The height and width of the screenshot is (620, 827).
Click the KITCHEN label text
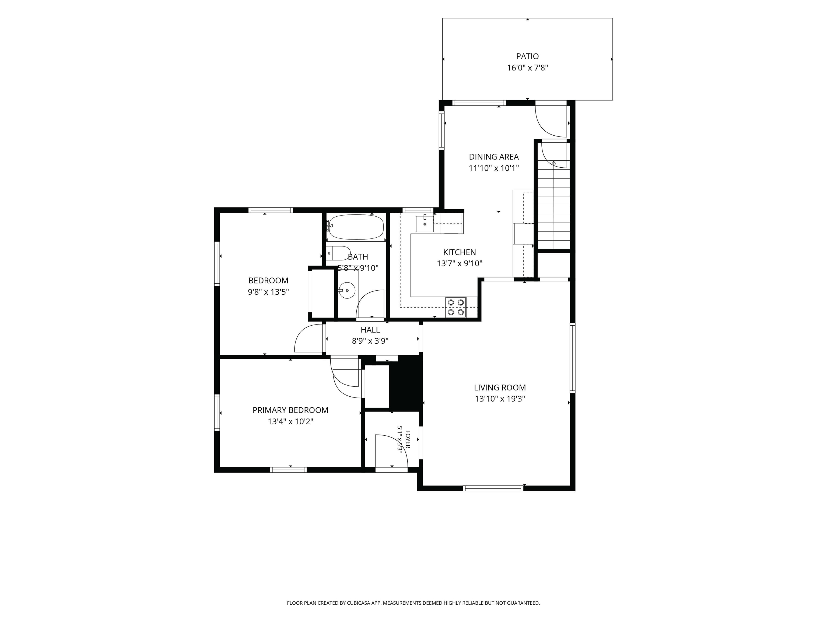click(460, 252)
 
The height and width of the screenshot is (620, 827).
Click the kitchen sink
click(425, 224)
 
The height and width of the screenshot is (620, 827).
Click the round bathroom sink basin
click(347, 290)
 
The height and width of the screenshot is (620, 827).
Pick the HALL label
click(370, 330)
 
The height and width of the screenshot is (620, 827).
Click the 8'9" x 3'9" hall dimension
click(370, 341)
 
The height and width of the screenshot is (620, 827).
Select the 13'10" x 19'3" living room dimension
click(500, 399)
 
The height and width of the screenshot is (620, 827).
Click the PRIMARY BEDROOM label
click(290, 410)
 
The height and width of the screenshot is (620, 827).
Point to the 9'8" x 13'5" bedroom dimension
click(268, 292)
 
